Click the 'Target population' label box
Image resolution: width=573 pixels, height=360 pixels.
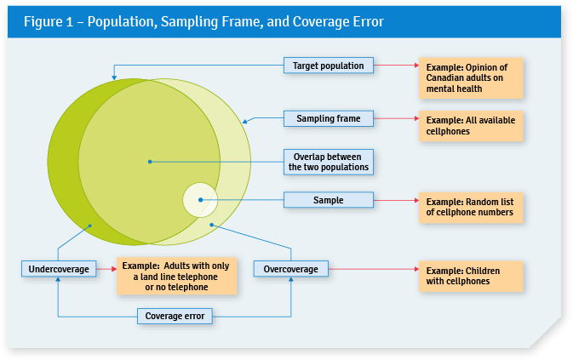point(328,65)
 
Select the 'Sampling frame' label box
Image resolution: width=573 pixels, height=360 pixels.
point(328,118)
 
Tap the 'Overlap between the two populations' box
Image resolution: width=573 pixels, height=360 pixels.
point(328,162)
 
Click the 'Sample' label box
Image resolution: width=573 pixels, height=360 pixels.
point(328,200)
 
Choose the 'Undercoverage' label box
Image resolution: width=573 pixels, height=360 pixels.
point(57,269)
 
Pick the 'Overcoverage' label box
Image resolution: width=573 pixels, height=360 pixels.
point(291,269)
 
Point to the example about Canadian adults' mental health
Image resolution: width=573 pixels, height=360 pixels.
point(470,77)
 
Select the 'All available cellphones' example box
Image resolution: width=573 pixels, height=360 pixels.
point(470,125)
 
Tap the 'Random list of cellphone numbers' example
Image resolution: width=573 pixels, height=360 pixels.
point(470,207)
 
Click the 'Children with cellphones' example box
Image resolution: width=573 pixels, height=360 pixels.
point(470,276)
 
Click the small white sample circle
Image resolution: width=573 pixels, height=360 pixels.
point(200,200)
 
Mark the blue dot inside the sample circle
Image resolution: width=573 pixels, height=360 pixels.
point(200,200)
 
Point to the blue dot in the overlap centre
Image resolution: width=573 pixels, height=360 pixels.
point(150,161)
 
